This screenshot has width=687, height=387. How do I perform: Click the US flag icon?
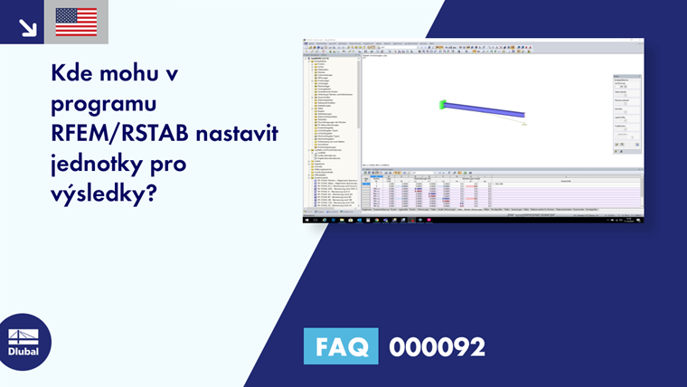pyautogui.click(x=76, y=22)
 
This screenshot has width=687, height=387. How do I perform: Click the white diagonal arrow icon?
pyautogui.click(x=27, y=26)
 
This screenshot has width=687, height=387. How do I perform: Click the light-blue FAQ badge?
pyautogui.click(x=341, y=346)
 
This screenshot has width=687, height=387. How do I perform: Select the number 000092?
pyautogui.click(x=437, y=346)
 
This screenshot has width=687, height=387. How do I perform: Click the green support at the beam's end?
pyautogui.click(x=443, y=105)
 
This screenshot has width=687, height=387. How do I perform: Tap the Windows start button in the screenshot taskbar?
pyautogui.click(x=306, y=219)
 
